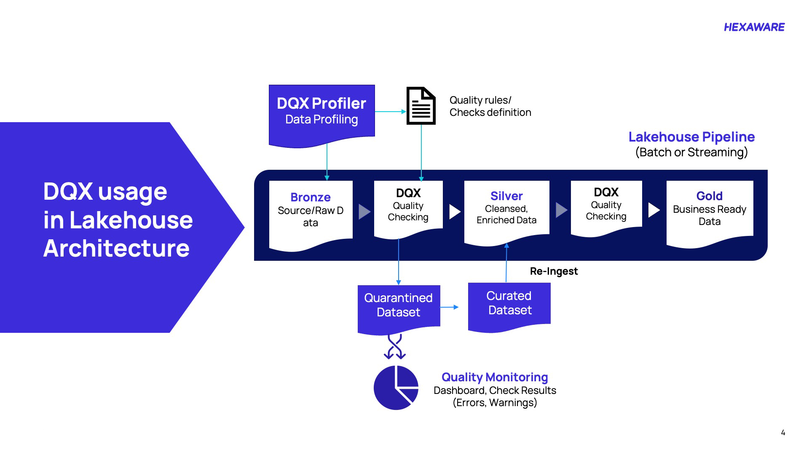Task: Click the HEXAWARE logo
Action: [754, 27]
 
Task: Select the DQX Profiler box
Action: [321, 112]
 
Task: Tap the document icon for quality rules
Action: [421, 106]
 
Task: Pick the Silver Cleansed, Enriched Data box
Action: [506, 209]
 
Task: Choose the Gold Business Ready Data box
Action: [710, 209]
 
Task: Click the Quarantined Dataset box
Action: [399, 305]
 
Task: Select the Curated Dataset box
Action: [509, 303]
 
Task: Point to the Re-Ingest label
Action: [554, 271]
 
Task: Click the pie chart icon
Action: [396, 388]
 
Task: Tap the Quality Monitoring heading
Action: [495, 377]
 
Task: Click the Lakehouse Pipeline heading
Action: [691, 137]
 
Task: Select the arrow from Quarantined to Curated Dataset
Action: [450, 307]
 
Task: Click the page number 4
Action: [783, 433]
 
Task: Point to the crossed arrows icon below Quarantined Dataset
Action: [395, 347]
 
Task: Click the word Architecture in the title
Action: [116, 248]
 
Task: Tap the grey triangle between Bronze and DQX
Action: [364, 211]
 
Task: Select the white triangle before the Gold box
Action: [653, 210]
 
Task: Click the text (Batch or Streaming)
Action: [691, 152]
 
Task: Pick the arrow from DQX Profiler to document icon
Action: [390, 112]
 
